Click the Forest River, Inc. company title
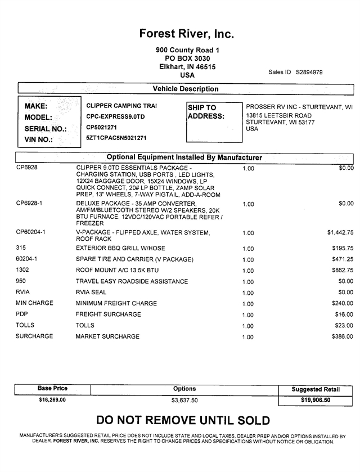(x=186, y=34)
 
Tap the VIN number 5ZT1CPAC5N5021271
(x=116, y=138)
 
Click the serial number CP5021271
(x=102, y=127)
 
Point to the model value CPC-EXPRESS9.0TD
(x=115, y=116)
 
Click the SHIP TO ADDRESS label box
(x=206, y=112)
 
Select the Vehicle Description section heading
(x=186, y=89)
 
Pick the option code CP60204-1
(x=31, y=231)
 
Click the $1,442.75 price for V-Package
(x=340, y=232)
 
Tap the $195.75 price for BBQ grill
(x=343, y=248)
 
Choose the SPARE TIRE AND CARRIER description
(x=134, y=259)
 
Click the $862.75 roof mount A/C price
(x=343, y=271)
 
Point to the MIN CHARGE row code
(x=35, y=303)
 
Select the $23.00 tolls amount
(x=344, y=326)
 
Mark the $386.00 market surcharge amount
(x=343, y=336)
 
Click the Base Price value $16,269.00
(x=52, y=400)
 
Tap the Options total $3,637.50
(x=184, y=401)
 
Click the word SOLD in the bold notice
(x=247, y=420)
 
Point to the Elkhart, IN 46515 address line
(x=187, y=66)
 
